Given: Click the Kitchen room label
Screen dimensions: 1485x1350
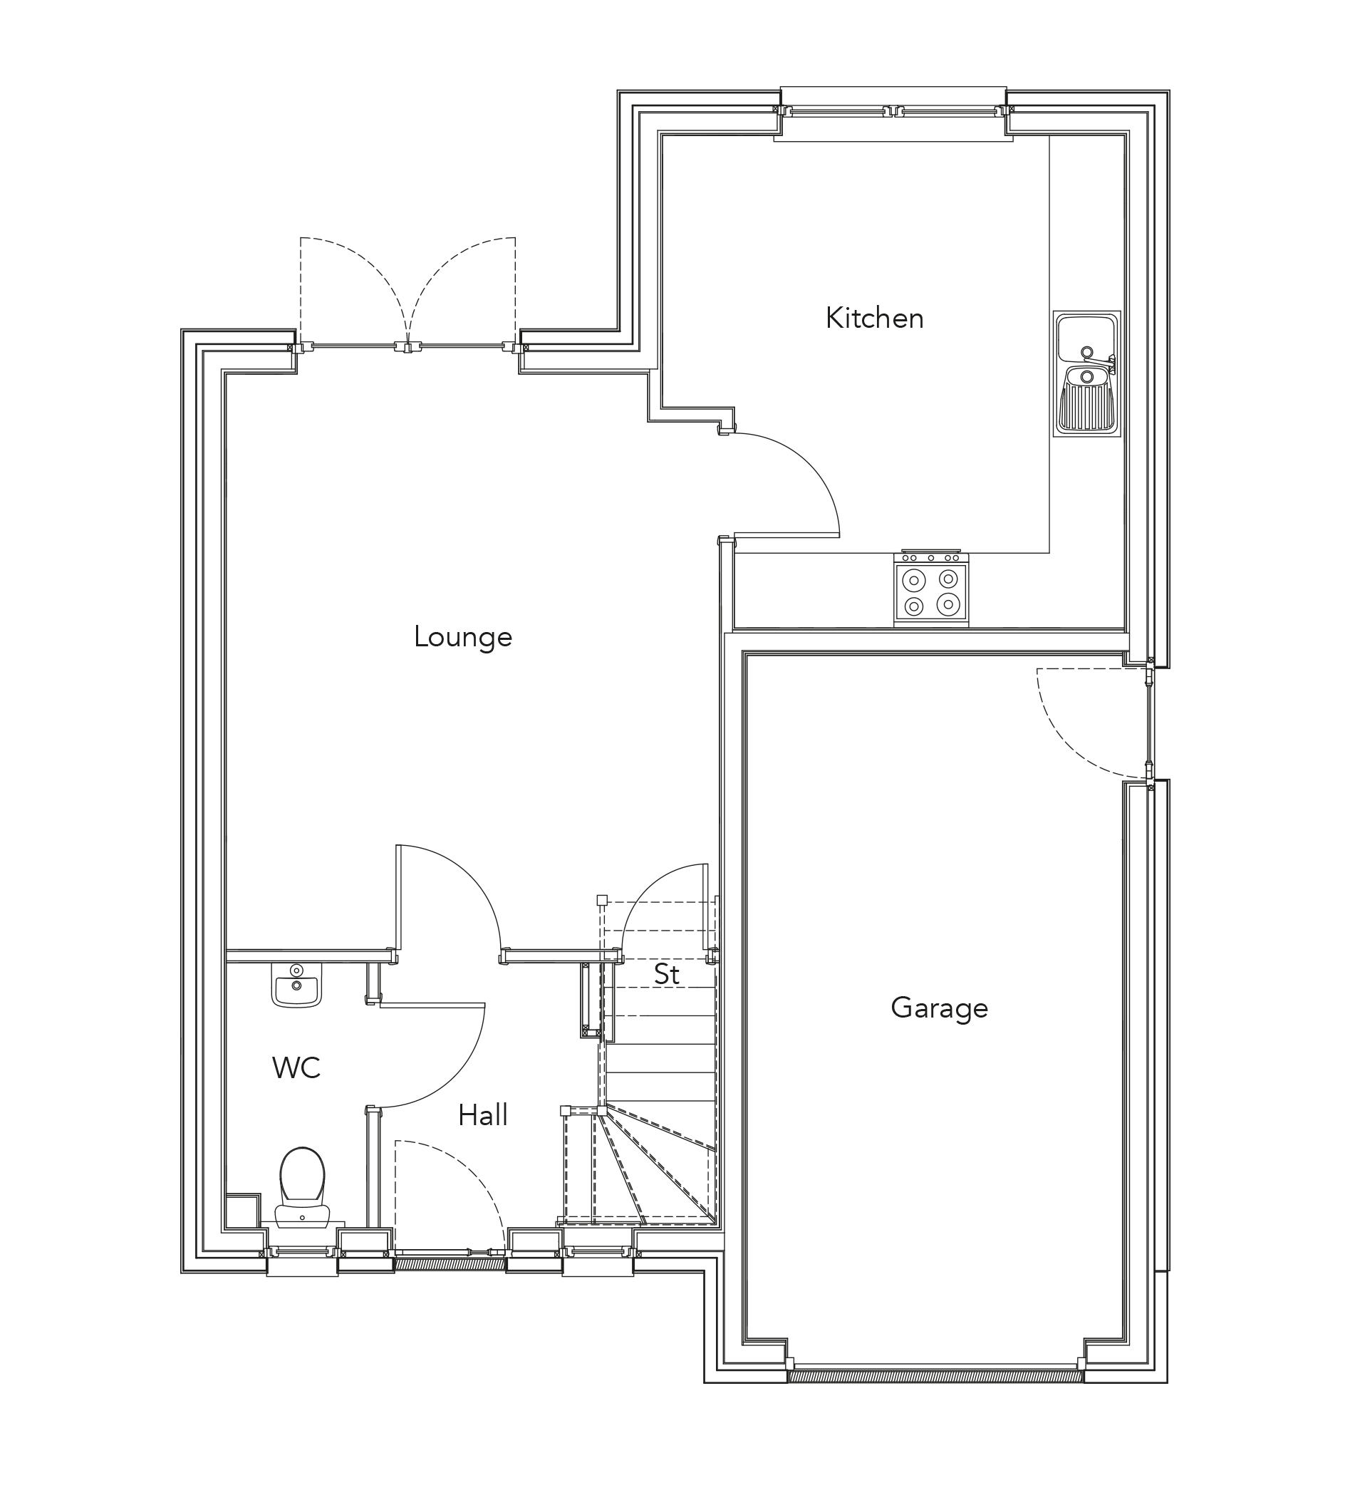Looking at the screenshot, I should (874, 319).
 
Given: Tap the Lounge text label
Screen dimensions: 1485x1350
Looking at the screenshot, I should (462, 637).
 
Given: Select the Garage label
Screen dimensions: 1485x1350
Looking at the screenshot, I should (939, 1008).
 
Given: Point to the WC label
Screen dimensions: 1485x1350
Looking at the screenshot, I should (296, 1068).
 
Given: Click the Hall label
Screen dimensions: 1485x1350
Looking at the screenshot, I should (482, 1116).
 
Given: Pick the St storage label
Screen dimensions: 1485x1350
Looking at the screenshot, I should (667, 975).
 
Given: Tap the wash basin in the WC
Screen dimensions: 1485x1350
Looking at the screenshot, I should (297, 985).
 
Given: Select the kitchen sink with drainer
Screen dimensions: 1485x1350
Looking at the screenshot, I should (1086, 373).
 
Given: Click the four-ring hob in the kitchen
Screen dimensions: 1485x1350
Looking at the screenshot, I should (931, 592).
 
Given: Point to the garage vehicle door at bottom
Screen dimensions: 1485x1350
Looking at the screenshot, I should (935, 1375).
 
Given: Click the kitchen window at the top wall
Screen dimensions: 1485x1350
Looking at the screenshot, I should (893, 112).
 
